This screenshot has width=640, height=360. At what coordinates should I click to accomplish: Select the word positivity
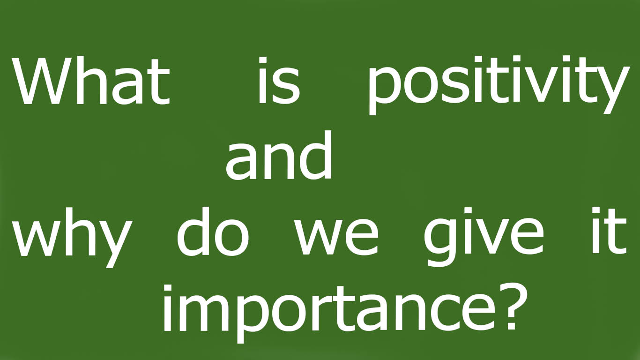click(497, 84)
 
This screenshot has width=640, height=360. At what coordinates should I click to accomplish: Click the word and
click(279, 157)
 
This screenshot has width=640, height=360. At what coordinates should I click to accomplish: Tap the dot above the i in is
click(262, 61)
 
